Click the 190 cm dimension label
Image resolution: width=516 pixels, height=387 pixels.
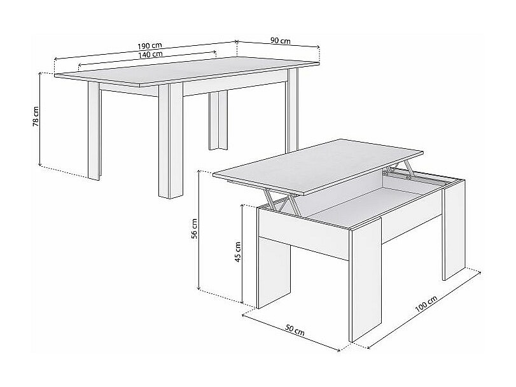[150, 45]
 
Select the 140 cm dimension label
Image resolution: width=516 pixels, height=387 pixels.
[150, 54]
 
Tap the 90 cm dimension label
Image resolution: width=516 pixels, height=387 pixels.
[281, 41]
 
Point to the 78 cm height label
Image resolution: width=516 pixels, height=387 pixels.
[36, 116]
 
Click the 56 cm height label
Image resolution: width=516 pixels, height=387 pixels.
[194, 229]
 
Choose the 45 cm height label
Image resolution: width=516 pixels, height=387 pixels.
[238, 252]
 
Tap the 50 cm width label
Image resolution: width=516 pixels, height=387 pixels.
[295, 330]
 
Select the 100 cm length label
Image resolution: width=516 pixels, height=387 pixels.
[426, 304]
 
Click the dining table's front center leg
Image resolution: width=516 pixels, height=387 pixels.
[171, 141]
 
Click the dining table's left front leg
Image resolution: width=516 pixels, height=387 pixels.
[94, 130]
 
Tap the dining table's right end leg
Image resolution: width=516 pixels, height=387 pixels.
[292, 110]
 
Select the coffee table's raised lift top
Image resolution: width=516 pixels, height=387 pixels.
[318, 166]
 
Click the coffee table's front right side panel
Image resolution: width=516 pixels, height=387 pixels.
[365, 279]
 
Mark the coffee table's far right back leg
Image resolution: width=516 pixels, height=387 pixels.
[454, 230]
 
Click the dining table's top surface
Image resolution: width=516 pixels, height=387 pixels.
[186, 71]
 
